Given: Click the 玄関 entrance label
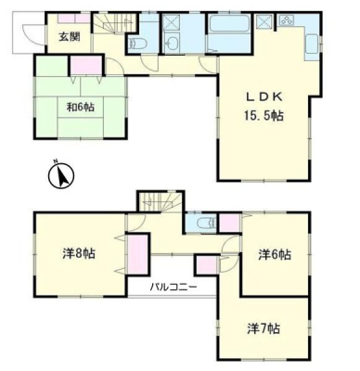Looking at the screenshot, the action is (70, 37).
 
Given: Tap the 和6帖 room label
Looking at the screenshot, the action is (81, 108).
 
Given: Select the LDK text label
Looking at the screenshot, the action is (264, 97).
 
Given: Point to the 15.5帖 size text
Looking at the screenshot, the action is (264, 116).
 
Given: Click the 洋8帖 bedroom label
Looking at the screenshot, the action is (79, 253).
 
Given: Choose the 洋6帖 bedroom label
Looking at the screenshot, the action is (275, 255).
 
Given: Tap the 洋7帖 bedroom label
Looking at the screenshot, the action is (264, 328).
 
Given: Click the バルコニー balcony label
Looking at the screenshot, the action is (174, 288).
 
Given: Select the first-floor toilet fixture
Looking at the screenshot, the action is (135, 44).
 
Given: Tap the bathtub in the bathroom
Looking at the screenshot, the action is (229, 23).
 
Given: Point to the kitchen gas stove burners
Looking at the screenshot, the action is (287, 20).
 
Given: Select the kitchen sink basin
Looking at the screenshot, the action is (312, 44).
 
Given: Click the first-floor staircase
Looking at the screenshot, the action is (115, 23).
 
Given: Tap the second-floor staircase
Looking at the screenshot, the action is (161, 202).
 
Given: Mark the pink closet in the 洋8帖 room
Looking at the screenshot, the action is (137, 255).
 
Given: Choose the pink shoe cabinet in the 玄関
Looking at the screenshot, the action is (74, 19).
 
